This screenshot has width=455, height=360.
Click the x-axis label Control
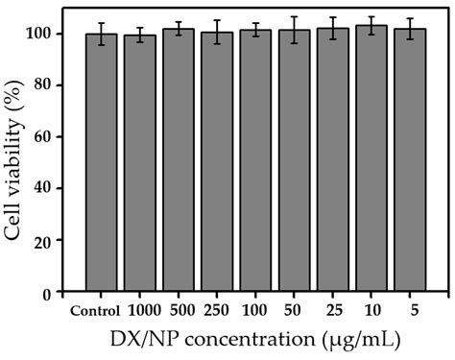pos(95,310)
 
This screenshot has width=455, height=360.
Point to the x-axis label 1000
pos(140,310)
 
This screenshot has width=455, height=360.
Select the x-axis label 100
pos(255,310)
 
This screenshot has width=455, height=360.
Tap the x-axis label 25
pos(333,310)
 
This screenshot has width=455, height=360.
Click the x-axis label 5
pos(410,310)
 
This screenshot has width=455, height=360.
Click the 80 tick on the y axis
pos(51,85)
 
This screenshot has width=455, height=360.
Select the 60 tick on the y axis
pos(51,136)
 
